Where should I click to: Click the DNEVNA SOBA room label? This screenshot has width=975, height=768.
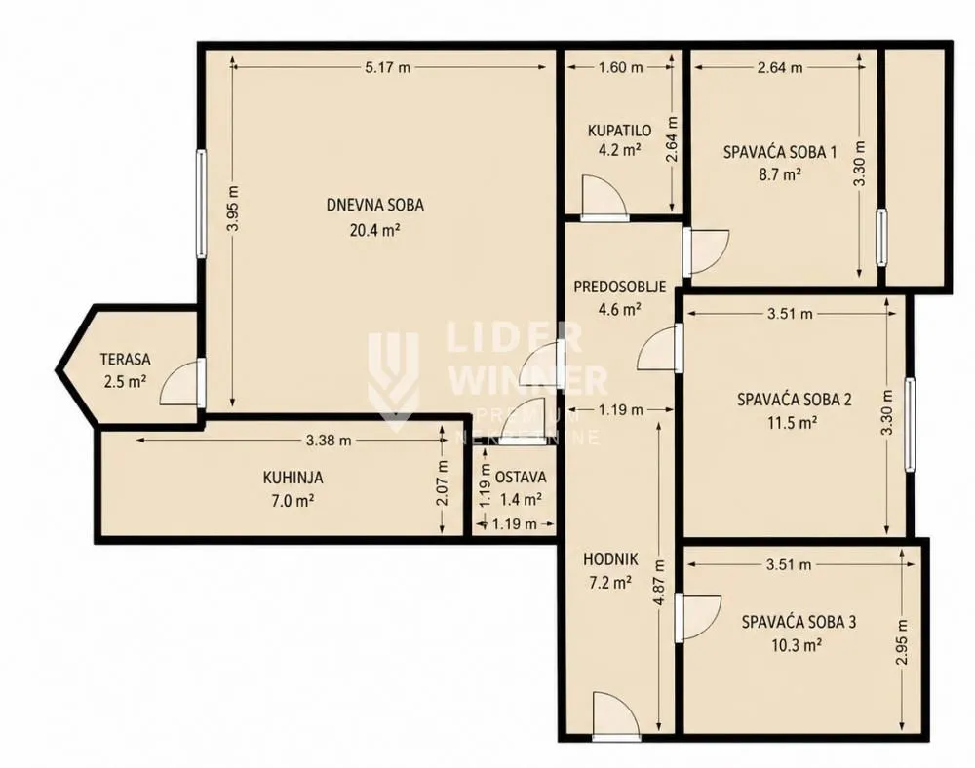click(x=375, y=205)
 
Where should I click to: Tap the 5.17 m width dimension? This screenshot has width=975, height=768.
click(x=387, y=67)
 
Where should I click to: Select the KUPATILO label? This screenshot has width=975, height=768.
click(x=619, y=131)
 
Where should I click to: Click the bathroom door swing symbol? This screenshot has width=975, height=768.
click(x=604, y=195)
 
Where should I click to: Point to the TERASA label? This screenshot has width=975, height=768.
click(x=126, y=359)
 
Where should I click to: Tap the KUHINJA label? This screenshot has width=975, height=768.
click(x=292, y=478)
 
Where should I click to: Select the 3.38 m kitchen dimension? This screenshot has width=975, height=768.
click(x=329, y=441)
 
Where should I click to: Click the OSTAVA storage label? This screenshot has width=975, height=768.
click(x=521, y=478)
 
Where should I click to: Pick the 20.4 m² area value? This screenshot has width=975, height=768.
click(x=375, y=231)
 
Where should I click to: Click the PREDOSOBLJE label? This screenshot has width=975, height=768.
click(x=619, y=288)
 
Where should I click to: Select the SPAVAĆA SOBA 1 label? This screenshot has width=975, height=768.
click(x=780, y=152)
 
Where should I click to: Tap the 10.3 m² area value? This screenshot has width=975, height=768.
click(x=798, y=645)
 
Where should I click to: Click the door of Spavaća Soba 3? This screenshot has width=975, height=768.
click(x=698, y=618)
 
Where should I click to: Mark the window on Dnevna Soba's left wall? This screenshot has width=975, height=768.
click(x=201, y=203)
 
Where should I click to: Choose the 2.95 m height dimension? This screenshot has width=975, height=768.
click(x=902, y=642)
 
